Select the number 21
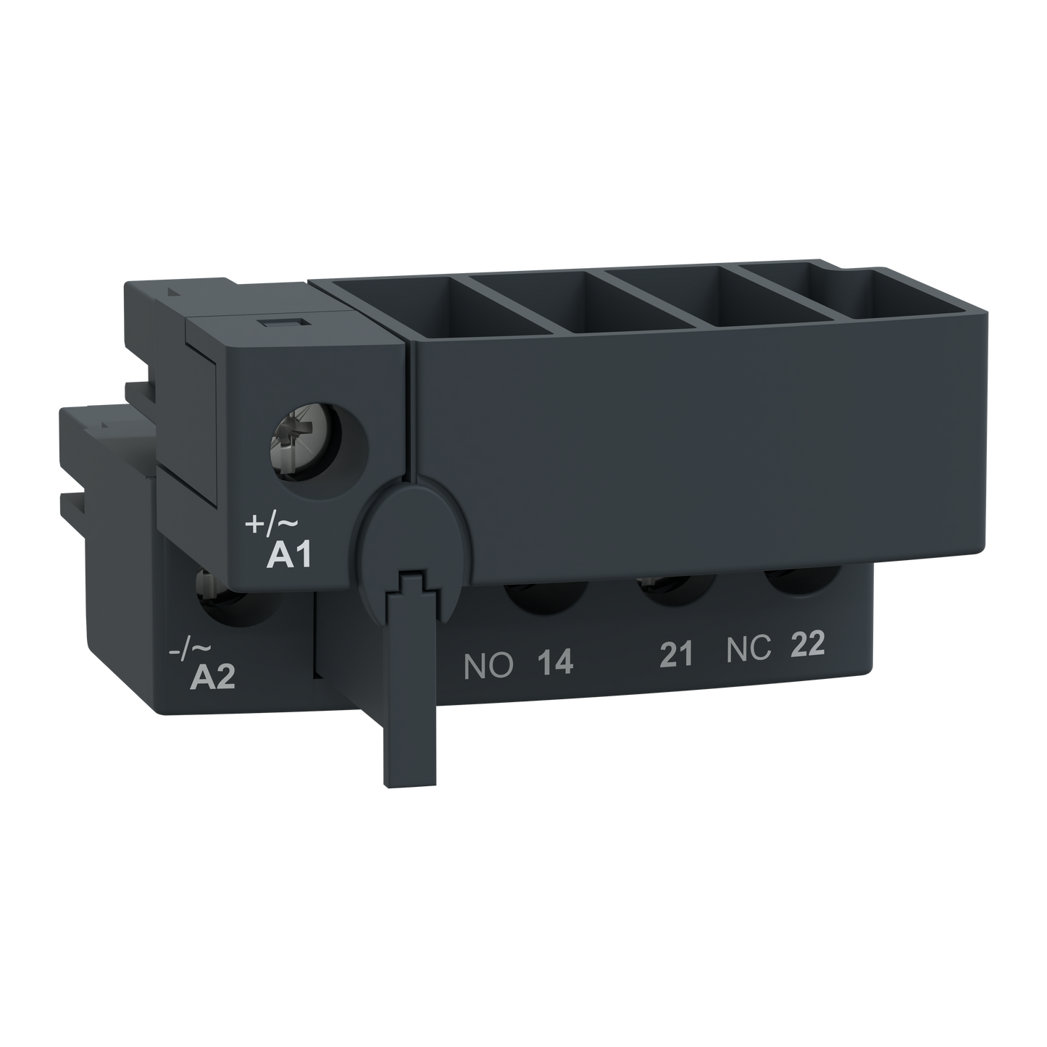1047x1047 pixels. click(x=676, y=654)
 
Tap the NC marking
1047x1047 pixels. click(x=748, y=650)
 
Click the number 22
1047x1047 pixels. click(x=807, y=645)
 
